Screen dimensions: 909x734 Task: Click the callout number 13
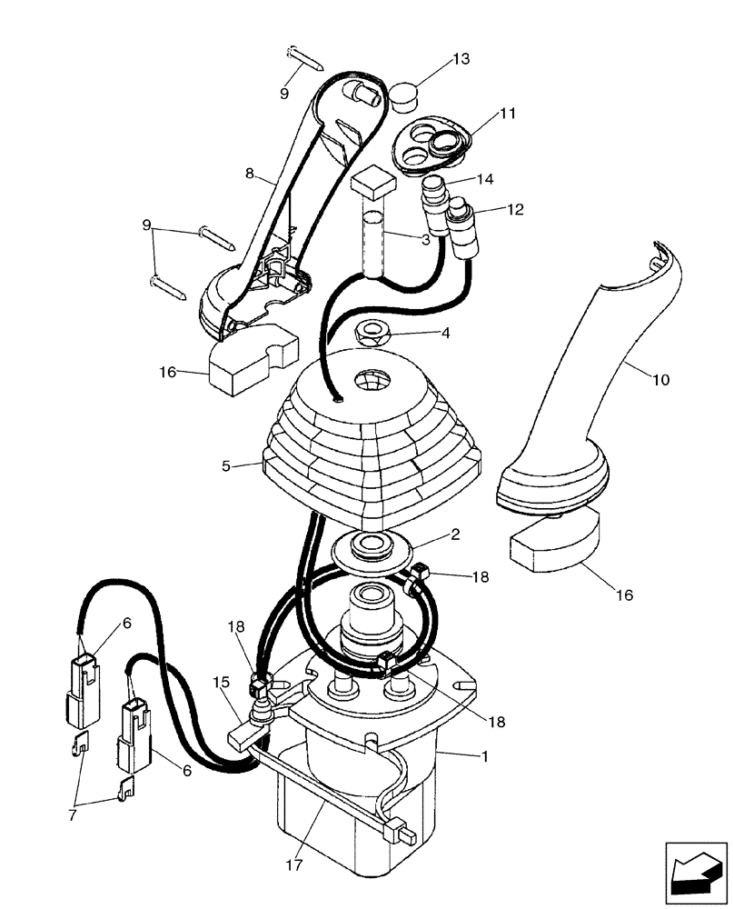pos(461,59)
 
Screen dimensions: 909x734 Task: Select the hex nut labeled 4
pos(372,335)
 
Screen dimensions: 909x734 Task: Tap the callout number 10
pos(660,380)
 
